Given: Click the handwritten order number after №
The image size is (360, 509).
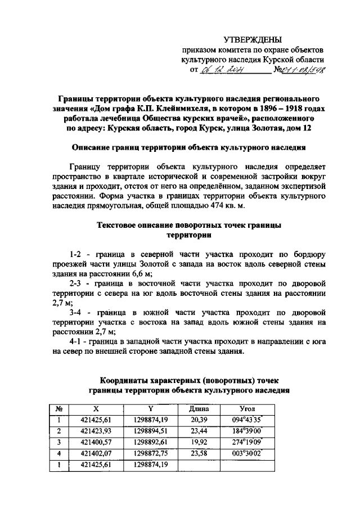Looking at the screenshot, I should coord(303,70).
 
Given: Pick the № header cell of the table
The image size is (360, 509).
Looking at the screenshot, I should coord(58,408).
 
